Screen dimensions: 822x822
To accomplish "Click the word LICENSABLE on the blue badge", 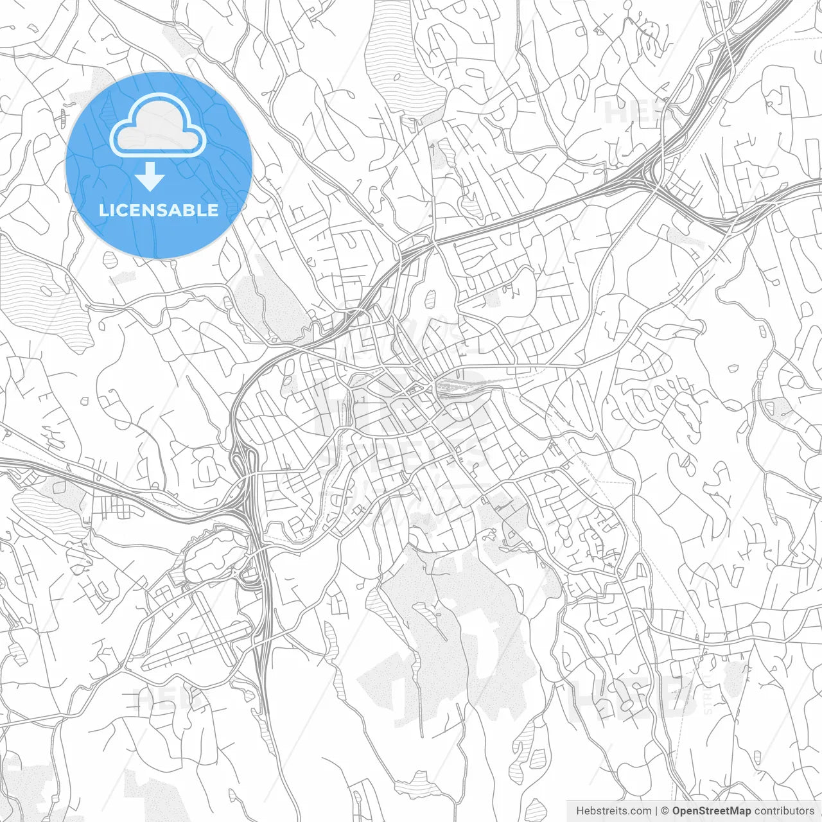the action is click(159, 210).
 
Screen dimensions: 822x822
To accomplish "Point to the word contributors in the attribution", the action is click(784, 811).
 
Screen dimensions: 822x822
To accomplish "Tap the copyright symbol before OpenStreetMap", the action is click(665, 811).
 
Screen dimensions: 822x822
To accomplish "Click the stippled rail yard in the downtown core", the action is click(459, 387).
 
